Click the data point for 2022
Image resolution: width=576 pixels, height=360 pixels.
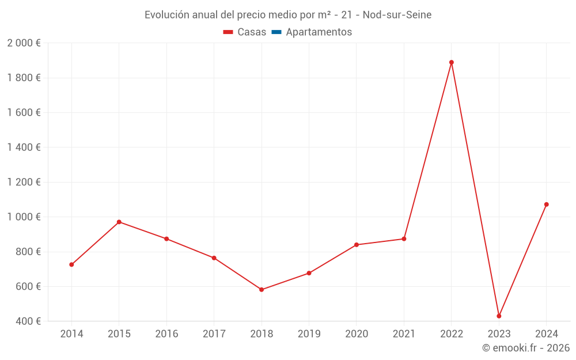point(452,62)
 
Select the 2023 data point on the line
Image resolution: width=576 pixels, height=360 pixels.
point(499,316)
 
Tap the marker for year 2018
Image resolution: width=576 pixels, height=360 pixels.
point(262,290)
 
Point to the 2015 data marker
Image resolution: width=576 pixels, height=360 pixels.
point(119,222)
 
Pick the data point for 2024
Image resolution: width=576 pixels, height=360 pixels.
point(547,204)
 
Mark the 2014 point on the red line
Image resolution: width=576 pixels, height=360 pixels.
point(71,265)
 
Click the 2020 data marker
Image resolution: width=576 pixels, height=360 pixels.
point(357,245)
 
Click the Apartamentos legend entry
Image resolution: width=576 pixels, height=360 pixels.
point(319,32)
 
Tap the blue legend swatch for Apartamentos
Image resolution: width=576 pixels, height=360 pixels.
point(276,32)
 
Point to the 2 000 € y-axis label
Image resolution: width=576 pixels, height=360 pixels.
point(24,43)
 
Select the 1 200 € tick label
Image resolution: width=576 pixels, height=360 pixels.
point(24,183)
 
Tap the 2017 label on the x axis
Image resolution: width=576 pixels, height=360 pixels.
point(214,334)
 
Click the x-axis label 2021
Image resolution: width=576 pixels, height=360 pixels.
point(404,334)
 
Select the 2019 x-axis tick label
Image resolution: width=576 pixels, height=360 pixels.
point(309,334)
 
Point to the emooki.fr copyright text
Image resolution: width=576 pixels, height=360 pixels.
point(526,348)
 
